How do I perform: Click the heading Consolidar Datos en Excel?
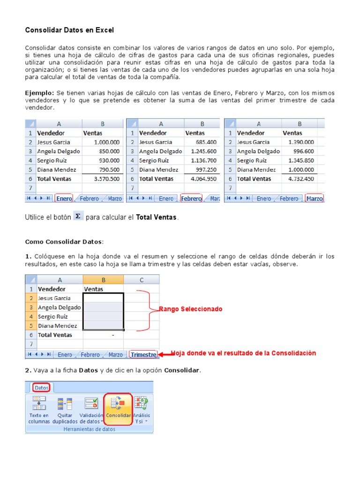[69, 30]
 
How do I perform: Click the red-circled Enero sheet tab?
[64, 199]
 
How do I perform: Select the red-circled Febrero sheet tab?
[191, 199]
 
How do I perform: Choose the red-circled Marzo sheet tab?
[315, 199]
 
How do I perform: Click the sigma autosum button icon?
[78, 216]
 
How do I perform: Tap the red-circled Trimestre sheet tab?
[143, 355]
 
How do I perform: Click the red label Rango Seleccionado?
[191, 309]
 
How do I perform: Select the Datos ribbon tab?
[42, 388]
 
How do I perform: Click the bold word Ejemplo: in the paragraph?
[39, 93]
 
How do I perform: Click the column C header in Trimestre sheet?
[142, 280]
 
